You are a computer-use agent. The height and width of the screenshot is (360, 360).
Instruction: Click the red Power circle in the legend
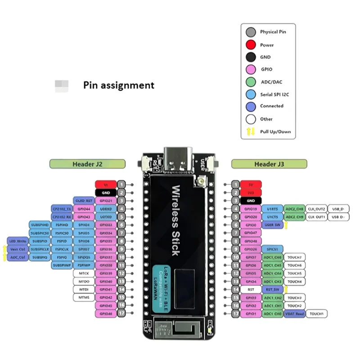click(250, 45)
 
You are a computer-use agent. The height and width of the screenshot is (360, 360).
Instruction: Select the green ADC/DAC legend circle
click(250, 82)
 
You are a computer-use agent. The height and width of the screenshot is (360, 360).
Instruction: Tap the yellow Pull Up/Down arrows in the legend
click(250, 131)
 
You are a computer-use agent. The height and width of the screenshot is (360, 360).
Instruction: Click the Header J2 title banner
click(87, 164)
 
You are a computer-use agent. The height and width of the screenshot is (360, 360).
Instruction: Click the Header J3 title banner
click(269, 164)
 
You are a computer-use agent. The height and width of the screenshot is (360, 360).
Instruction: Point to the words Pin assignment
click(118, 85)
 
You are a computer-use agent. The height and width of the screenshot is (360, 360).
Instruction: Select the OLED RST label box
click(83, 201)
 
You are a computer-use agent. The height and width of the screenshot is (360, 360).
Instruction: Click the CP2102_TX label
click(61, 209)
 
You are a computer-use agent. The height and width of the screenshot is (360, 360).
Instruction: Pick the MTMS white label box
click(84, 297)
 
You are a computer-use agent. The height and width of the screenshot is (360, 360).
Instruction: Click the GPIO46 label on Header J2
click(106, 313)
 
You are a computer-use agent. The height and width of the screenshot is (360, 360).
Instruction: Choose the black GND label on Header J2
click(106, 193)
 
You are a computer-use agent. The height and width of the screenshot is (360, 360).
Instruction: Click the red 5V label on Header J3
click(251, 184)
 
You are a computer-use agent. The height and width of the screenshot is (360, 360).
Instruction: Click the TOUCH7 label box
click(295, 257)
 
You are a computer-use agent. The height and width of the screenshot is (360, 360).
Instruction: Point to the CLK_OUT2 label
click(317, 209)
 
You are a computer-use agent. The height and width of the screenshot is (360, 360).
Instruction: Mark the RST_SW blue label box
click(273, 289)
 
